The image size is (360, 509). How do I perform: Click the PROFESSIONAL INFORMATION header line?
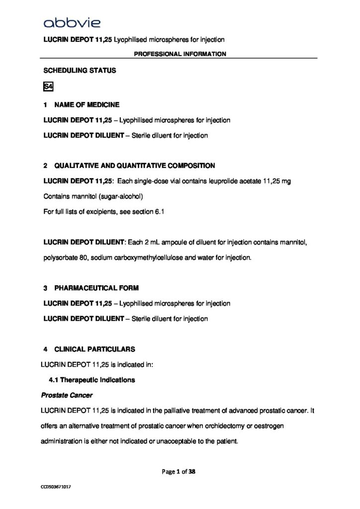click(180, 54)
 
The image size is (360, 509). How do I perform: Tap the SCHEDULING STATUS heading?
click(80, 71)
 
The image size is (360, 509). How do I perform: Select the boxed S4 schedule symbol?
click(48, 87)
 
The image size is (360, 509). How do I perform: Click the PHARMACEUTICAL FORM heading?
click(96, 288)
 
